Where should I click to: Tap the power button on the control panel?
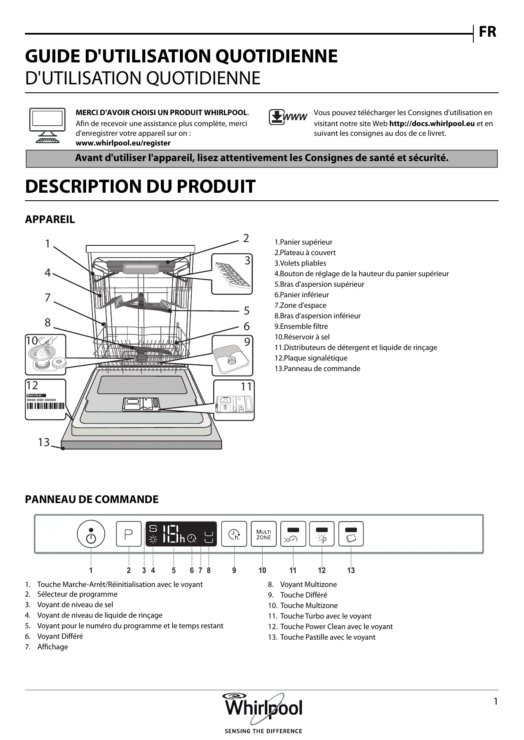point(91,534)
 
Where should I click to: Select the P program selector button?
point(129,534)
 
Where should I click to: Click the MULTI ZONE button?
point(263,534)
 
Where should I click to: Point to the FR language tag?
point(487,32)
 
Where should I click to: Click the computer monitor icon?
point(47,125)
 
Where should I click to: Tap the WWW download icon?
point(288,117)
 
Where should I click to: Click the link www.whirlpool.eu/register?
point(123,143)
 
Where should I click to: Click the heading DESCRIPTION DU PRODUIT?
point(140,186)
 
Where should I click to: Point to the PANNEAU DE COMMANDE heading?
point(92,500)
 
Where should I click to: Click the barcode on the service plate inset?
point(46,406)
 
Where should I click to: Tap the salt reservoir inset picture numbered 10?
point(46,355)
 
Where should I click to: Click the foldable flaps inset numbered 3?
point(232,274)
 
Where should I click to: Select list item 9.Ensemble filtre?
point(301,326)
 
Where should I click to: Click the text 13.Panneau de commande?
point(317,369)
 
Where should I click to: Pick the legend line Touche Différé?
point(303,595)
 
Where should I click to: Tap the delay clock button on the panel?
point(234,534)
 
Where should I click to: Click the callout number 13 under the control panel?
point(351,570)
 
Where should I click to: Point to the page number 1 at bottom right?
point(495,701)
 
